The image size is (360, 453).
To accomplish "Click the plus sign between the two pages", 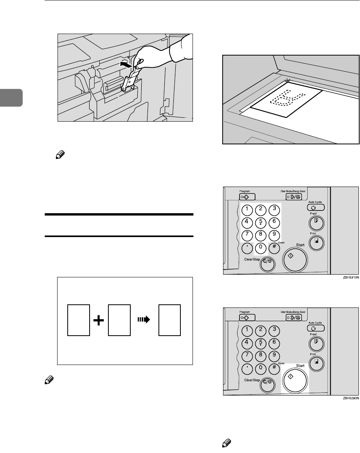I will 99,320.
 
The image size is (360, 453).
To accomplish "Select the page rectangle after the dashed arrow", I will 169,320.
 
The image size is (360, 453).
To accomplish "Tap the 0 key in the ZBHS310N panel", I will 261,248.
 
